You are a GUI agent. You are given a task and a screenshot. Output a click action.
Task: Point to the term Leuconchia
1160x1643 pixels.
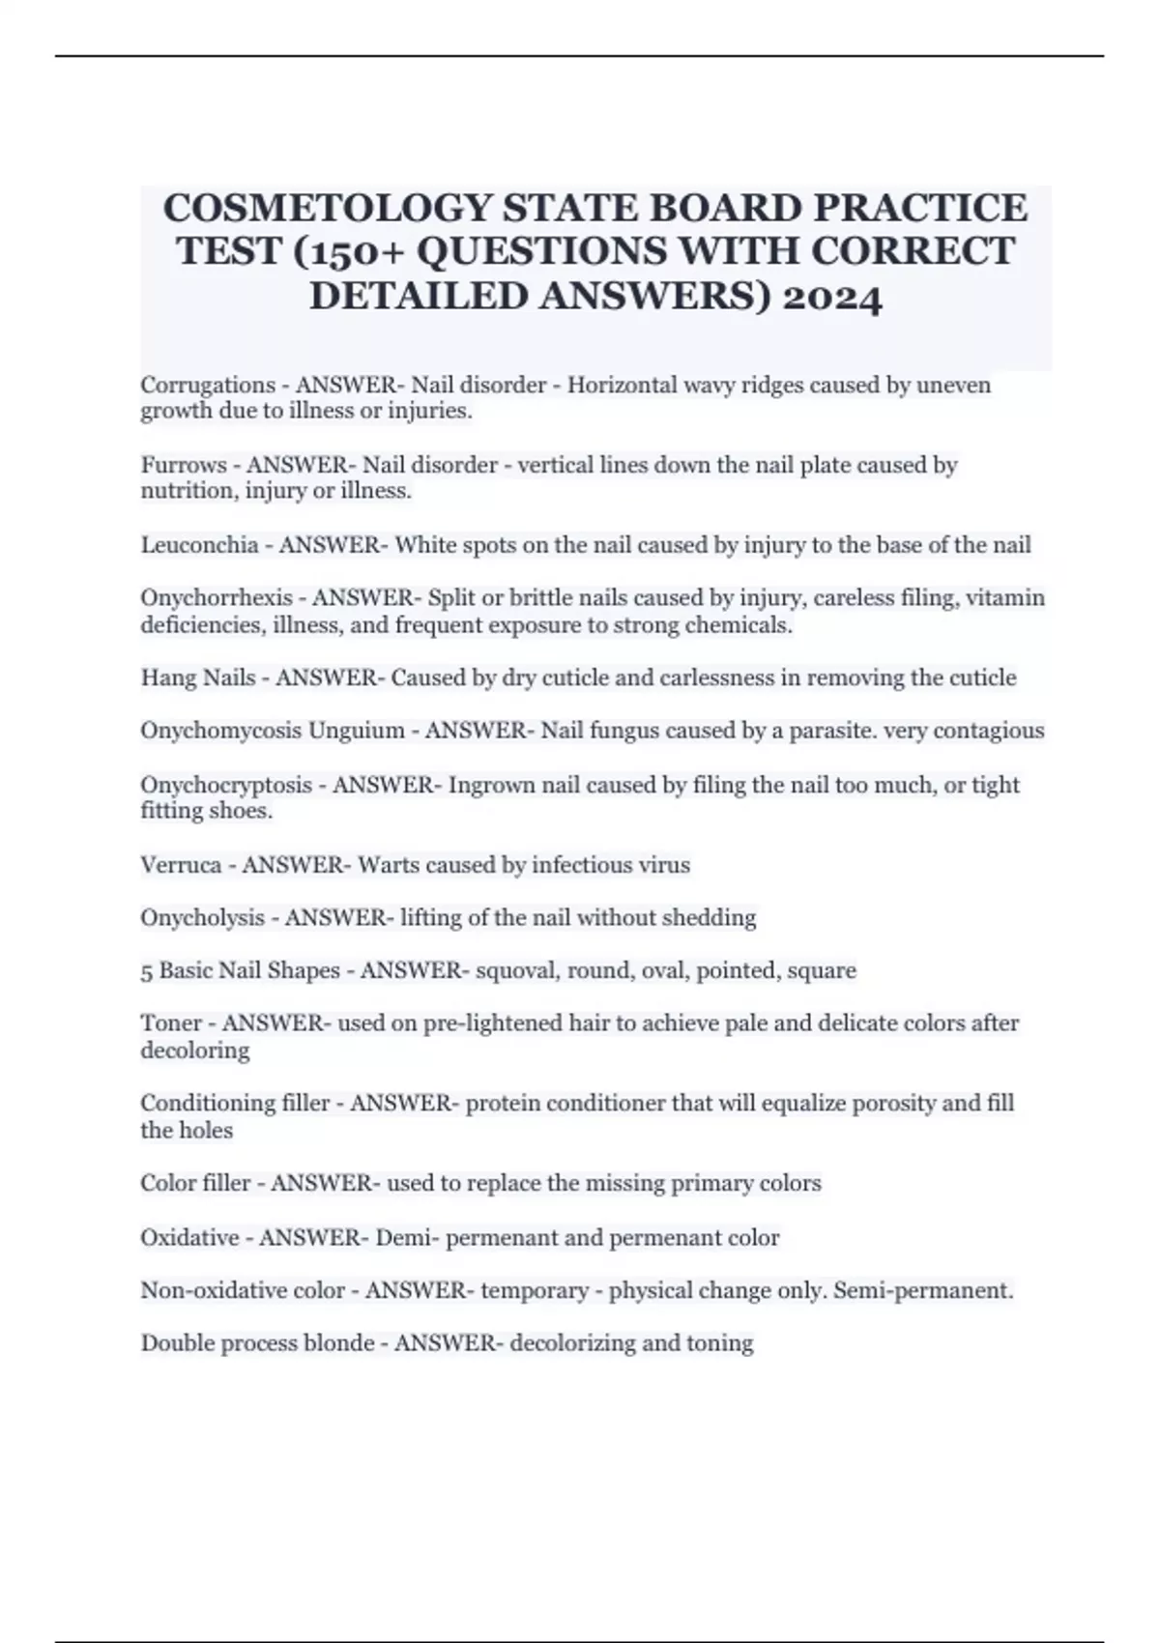coord(200,545)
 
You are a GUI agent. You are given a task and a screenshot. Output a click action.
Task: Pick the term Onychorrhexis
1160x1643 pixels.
coord(217,598)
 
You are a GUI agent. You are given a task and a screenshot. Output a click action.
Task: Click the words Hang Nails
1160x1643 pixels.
coord(198,678)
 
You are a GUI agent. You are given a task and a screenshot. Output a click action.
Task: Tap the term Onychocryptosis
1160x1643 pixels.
coord(226,785)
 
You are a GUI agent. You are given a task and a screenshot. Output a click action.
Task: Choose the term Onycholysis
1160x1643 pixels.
coord(203,918)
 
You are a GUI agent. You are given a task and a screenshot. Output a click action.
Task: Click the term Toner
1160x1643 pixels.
coord(172,1023)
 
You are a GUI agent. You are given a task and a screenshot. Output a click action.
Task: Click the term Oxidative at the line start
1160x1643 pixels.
coord(190,1238)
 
